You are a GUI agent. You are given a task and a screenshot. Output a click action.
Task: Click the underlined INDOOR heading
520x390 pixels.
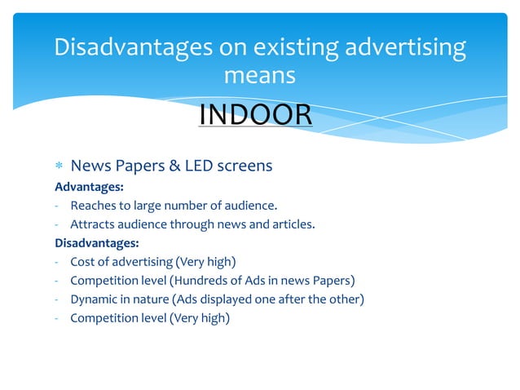[255, 115]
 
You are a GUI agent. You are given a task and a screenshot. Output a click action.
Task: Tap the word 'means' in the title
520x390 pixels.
[259, 76]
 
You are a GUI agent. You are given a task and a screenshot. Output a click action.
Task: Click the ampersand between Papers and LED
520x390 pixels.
[174, 166]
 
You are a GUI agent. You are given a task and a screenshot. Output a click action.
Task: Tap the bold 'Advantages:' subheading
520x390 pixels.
[89, 187]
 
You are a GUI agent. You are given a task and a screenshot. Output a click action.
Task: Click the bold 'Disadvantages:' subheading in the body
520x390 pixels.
[96, 242]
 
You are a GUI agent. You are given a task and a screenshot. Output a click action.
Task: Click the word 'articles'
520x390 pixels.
[291, 224]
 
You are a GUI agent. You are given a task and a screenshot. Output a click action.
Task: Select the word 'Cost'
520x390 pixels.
[83, 262]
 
